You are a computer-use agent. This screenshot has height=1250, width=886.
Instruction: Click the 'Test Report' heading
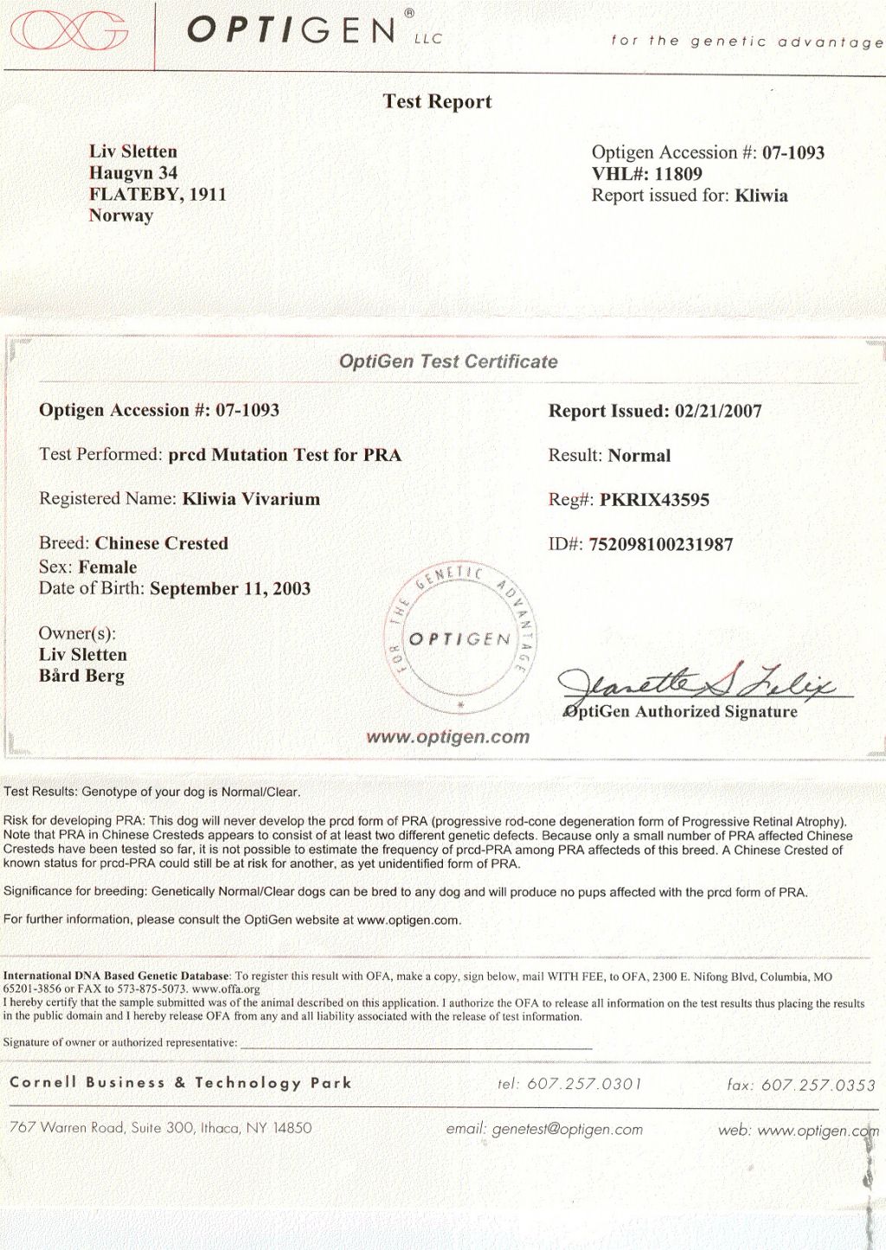[x=437, y=102]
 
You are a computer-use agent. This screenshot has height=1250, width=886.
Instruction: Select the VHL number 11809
[x=677, y=174]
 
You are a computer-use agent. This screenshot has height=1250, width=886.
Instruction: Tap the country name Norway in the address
[x=121, y=215]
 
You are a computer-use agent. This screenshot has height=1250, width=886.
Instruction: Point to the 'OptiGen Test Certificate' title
[x=448, y=362]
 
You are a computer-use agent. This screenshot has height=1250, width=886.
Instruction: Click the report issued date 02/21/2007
[x=718, y=411]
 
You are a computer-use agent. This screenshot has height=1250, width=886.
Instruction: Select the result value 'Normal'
[x=639, y=456]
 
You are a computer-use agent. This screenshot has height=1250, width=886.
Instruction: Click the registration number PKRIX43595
[x=654, y=500]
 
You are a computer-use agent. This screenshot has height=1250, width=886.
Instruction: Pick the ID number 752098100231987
[x=661, y=545]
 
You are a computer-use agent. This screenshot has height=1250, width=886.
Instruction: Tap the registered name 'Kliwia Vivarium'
[x=251, y=499]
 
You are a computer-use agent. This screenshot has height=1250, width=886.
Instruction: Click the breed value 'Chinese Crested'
[x=162, y=543]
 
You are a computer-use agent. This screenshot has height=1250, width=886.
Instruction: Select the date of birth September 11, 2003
[x=230, y=589]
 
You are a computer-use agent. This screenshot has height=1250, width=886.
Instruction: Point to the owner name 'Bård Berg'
[x=81, y=676]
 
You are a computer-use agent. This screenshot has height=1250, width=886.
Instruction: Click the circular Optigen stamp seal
[x=459, y=638]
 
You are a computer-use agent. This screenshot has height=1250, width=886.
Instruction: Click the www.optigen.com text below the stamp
[x=447, y=737]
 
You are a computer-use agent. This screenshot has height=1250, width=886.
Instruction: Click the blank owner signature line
[x=415, y=1046]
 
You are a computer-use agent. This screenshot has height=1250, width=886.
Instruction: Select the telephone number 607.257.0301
[x=584, y=1084]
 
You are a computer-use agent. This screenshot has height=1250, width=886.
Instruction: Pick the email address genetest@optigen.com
[x=567, y=1129]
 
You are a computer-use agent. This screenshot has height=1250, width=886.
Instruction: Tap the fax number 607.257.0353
[x=818, y=1085]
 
